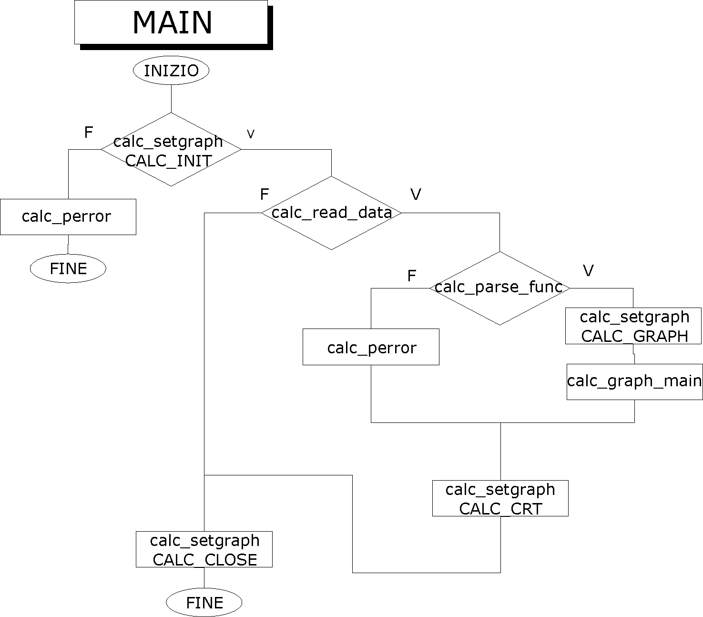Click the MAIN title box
coord(171,22)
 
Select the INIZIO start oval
coord(171,71)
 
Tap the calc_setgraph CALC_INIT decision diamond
coord(171,149)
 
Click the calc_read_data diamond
coord(331,213)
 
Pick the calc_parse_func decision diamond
coord(499,288)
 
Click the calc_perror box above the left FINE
coord(68,217)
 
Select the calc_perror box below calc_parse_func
coord(371,347)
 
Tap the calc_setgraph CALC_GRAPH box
coord(633,326)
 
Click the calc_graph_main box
coord(634,381)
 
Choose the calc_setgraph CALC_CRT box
coord(500,498)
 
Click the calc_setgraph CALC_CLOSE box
coord(204,549)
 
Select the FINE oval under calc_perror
coord(68,268)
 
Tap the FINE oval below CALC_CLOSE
coord(204,603)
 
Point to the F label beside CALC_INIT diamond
coord(88,133)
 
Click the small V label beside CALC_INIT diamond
coord(251,134)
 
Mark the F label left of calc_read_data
coord(265,195)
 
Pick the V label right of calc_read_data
coord(416,195)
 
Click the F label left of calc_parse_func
coord(412,276)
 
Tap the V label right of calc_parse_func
coord(588,271)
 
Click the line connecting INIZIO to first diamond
coord(171,98)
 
